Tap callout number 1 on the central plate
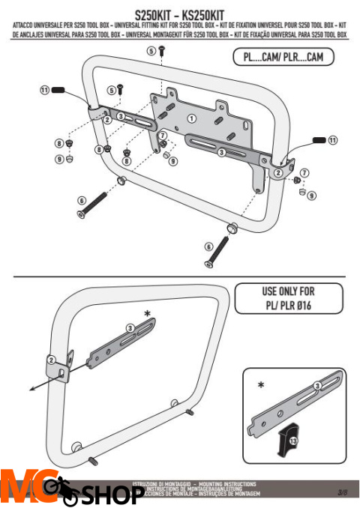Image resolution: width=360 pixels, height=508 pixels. tap(191, 118)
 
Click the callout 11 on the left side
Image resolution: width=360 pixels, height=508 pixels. tap(44, 90)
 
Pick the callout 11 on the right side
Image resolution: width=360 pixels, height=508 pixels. tap(333, 139)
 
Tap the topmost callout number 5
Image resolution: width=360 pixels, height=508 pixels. tap(150, 50)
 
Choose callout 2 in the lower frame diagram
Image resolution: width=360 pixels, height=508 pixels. tap(50, 359)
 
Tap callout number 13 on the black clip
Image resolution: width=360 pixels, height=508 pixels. tap(292, 442)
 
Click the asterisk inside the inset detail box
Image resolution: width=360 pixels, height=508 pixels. tap(260, 384)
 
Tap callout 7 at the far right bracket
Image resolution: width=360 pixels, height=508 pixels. tap(304, 173)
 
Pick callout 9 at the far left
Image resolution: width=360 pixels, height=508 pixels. tap(58, 159)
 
